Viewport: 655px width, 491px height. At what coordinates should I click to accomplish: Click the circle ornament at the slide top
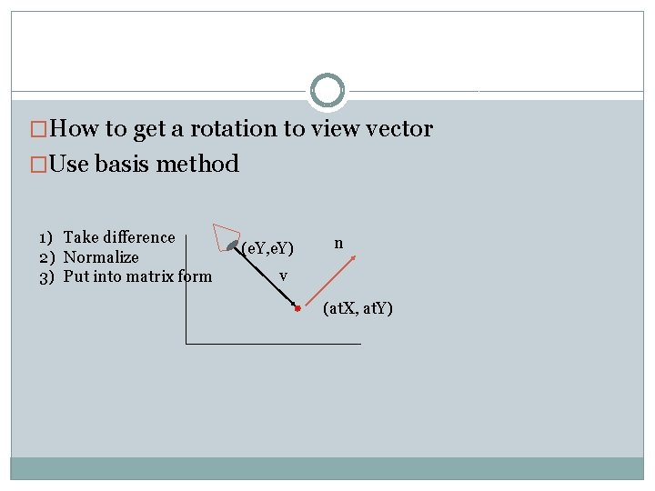click(327, 91)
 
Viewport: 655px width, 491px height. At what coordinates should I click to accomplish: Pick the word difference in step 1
click(139, 237)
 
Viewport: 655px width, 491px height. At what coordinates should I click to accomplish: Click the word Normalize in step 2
click(101, 257)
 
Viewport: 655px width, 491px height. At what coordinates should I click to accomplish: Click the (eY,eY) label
click(268, 247)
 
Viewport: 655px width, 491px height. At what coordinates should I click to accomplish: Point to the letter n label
click(338, 243)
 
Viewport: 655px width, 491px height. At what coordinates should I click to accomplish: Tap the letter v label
click(284, 275)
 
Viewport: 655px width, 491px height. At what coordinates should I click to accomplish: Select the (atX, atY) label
click(358, 309)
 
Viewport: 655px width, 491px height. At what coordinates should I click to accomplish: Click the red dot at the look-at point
click(297, 310)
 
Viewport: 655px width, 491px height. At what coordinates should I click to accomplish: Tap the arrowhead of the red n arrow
click(353, 258)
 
